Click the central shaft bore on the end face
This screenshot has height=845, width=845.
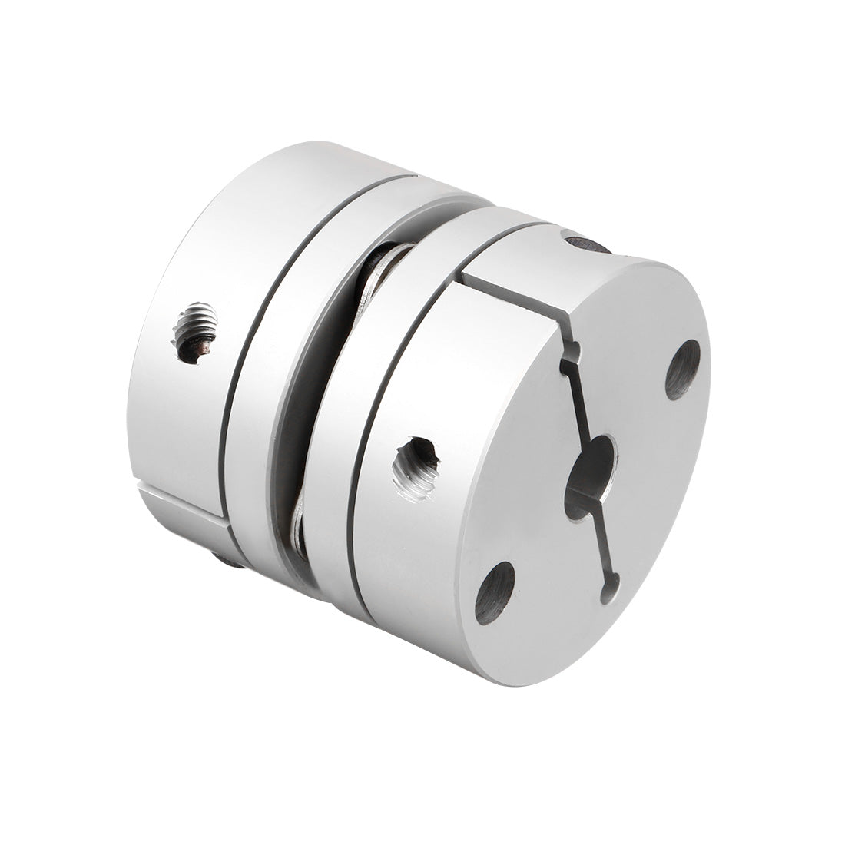(590, 476)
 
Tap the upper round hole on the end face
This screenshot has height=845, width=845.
(682, 369)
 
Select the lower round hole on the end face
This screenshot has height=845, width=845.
(495, 592)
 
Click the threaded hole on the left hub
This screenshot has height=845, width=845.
(195, 333)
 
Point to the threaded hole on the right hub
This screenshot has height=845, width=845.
(416, 467)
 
